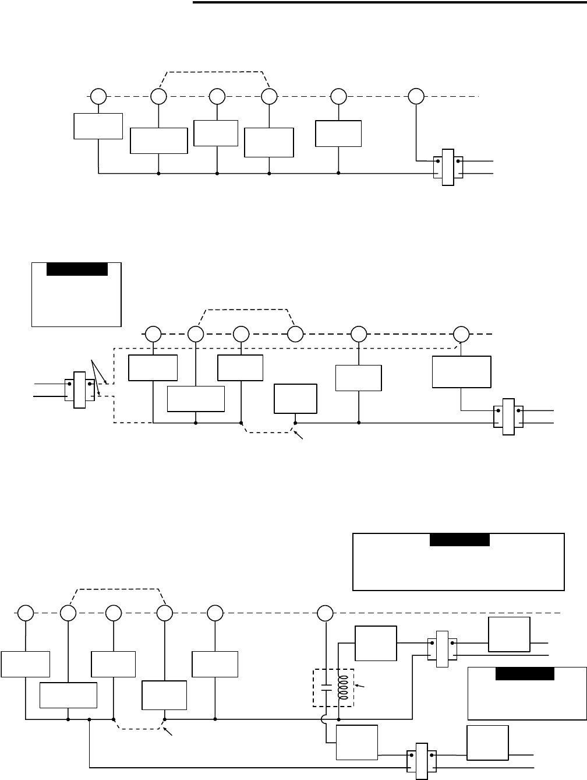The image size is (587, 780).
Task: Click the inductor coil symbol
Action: tap(342, 688)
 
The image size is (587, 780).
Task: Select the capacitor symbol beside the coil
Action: tap(327, 688)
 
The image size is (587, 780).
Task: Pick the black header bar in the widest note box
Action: tap(459, 539)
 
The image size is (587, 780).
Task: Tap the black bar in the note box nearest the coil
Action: tap(525, 674)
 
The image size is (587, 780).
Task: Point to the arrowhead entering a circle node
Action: tap(461, 344)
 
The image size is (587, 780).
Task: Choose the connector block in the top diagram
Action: tap(447, 167)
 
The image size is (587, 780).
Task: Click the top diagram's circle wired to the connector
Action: tap(416, 96)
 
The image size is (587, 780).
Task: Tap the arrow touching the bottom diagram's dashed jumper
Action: tap(169, 732)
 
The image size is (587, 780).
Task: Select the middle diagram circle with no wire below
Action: tap(295, 334)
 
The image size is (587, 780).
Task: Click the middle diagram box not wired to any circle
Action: tap(296, 399)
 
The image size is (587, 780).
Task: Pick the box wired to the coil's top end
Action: tap(376, 644)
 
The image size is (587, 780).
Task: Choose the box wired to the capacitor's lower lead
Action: tap(357, 743)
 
